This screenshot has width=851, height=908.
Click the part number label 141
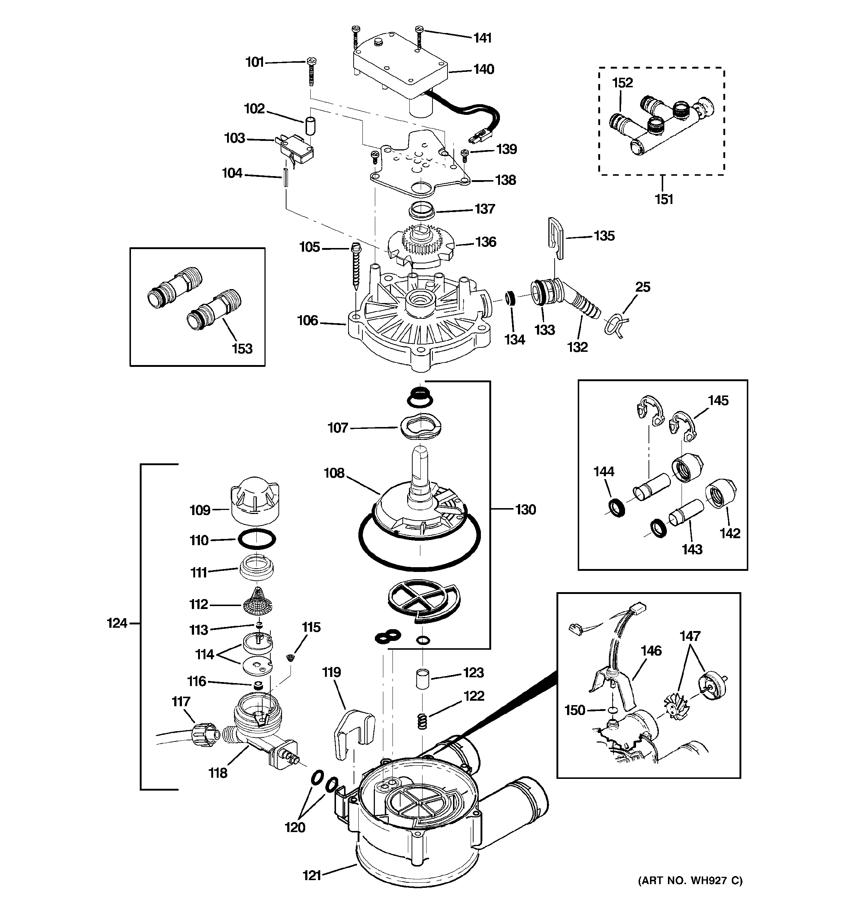tap(482, 37)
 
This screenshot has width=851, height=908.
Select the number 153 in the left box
tap(242, 349)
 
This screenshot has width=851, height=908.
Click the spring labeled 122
tap(423, 722)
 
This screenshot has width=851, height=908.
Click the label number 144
tap(603, 471)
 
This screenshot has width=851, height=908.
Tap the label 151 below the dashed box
tap(664, 199)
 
